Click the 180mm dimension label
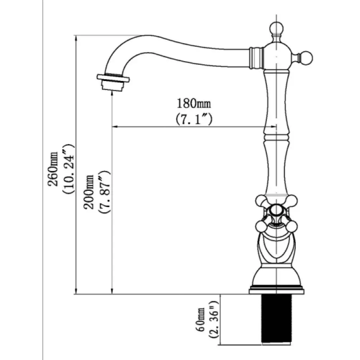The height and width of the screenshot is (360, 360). point(194,104)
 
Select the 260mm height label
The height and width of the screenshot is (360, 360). point(53,169)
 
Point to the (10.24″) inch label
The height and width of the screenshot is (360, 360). point(68,169)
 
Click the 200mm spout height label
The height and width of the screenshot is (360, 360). point(89,192)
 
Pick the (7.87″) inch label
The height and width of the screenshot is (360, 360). point(104,192)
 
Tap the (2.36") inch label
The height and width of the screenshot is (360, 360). point(214,319)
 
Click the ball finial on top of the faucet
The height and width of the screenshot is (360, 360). point(276,28)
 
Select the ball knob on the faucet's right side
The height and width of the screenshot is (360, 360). point(306,58)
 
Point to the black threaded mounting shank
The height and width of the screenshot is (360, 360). point(276,319)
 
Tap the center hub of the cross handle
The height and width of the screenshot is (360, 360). point(276,212)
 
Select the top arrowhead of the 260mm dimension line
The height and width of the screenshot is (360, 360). point(76,39)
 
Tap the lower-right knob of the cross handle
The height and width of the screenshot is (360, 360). point(292,226)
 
